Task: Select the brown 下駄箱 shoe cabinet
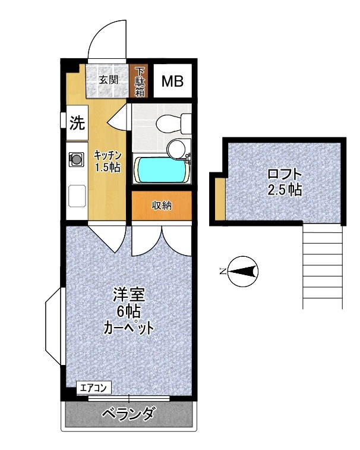140,81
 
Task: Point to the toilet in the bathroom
172,123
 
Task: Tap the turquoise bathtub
162,170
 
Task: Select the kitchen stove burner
77,159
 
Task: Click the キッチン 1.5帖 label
108,161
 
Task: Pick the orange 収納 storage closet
161,206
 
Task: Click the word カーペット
130,327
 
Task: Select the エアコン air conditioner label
94,388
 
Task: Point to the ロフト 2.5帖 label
284,182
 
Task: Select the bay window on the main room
54,327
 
